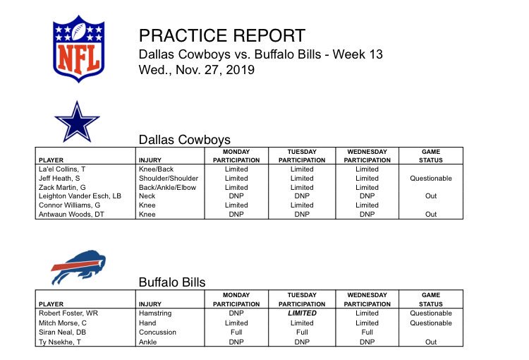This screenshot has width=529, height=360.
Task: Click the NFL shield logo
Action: [x=78, y=49]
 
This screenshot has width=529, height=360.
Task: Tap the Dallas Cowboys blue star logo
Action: [x=77, y=122]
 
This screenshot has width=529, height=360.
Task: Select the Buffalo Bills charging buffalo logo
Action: [x=78, y=267]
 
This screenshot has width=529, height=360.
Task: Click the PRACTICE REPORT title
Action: [x=222, y=35]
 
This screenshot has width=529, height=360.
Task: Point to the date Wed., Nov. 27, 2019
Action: [x=197, y=70]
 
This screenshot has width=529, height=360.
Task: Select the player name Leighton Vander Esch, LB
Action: [x=80, y=196]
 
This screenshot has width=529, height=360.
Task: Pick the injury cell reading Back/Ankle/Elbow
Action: [x=167, y=188]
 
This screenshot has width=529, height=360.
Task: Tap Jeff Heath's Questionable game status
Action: [x=431, y=179]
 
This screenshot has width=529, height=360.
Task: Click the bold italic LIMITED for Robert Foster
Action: [x=302, y=313]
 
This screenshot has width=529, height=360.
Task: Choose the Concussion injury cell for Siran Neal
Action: [x=157, y=332]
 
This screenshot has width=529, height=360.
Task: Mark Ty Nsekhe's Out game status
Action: [x=431, y=342]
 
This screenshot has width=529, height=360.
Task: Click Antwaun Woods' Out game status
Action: [x=431, y=215]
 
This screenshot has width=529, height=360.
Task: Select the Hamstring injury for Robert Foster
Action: [x=155, y=313]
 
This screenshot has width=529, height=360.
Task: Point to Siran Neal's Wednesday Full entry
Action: [x=367, y=332]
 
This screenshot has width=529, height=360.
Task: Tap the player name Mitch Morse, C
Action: [x=63, y=323]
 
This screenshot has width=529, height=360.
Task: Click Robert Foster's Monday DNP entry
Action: [x=236, y=313]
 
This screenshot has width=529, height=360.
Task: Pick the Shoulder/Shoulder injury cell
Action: [x=169, y=179]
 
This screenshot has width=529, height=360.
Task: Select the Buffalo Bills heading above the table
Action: [x=172, y=282]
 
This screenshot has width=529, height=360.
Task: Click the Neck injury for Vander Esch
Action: [x=147, y=196]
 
